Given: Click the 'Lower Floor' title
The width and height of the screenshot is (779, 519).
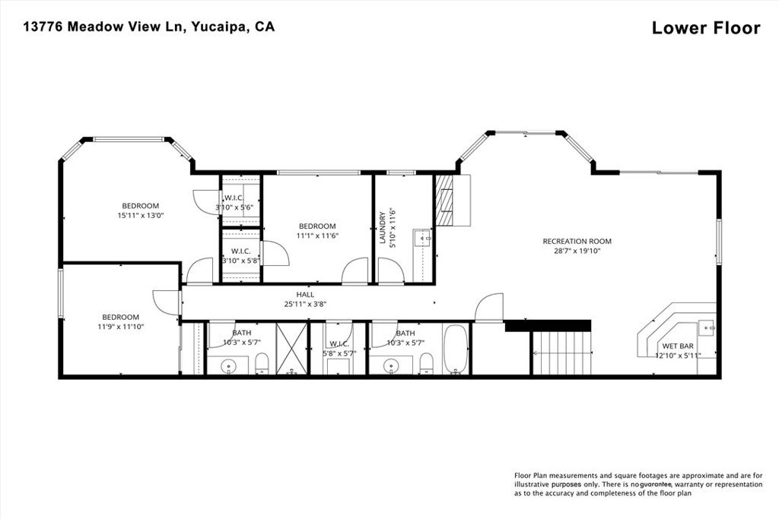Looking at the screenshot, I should click(x=705, y=28).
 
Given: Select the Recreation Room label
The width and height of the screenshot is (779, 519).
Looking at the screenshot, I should click(x=577, y=242).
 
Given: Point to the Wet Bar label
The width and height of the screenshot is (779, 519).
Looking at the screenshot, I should click(x=671, y=346).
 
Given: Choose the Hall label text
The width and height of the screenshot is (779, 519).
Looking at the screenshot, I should click(x=305, y=295).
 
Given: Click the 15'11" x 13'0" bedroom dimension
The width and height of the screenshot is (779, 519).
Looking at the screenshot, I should click(x=141, y=215).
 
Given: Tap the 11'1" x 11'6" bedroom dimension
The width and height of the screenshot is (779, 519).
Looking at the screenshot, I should click(x=317, y=236).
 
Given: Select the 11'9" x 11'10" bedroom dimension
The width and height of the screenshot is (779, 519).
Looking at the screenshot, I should click(x=120, y=326).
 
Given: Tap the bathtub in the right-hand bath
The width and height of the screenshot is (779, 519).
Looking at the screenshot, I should click(x=456, y=350).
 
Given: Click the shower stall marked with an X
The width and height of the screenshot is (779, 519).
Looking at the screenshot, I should click(x=291, y=349).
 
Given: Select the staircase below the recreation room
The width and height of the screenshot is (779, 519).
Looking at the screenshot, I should click(x=561, y=353).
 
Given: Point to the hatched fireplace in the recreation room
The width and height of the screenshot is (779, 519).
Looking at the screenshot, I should click(x=445, y=201).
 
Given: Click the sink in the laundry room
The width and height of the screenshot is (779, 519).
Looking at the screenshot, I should click(x=422, y=238).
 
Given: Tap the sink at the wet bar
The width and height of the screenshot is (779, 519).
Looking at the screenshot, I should click(x=706, y=328).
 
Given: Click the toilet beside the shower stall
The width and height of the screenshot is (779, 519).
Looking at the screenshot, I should click(x=262, y=364).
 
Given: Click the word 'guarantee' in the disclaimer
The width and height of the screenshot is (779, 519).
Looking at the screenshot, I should click(x=654, y=484).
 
